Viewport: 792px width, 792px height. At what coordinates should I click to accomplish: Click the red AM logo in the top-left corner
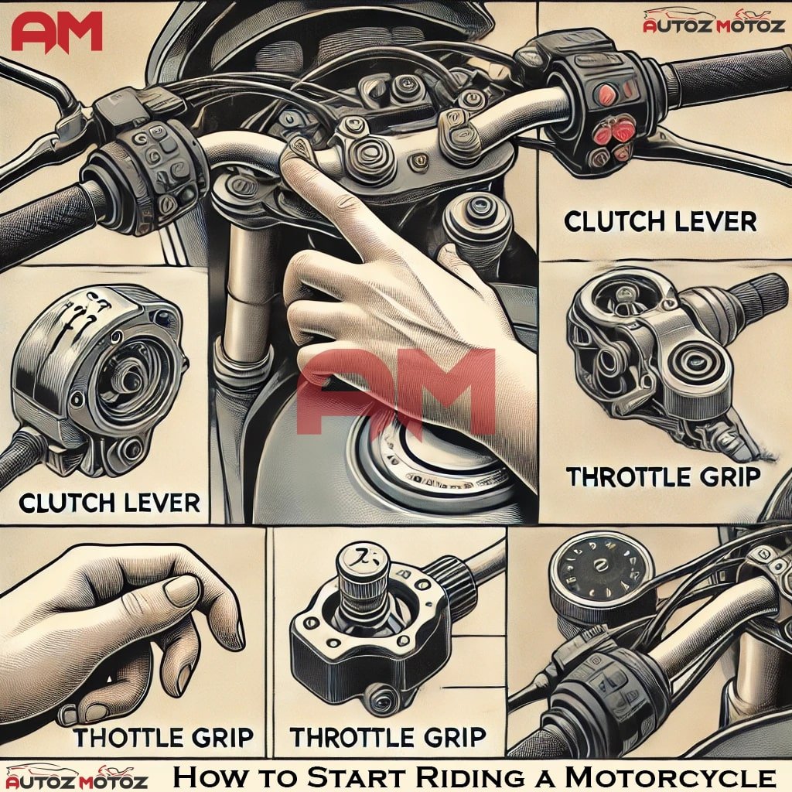pyautogui.click(x=56, y=32)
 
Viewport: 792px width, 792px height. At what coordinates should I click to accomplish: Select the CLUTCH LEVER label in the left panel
pyautogui.click(x=109, y=504)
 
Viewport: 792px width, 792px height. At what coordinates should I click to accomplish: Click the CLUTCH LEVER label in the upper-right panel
pyautogui.click(x=660, y=222)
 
